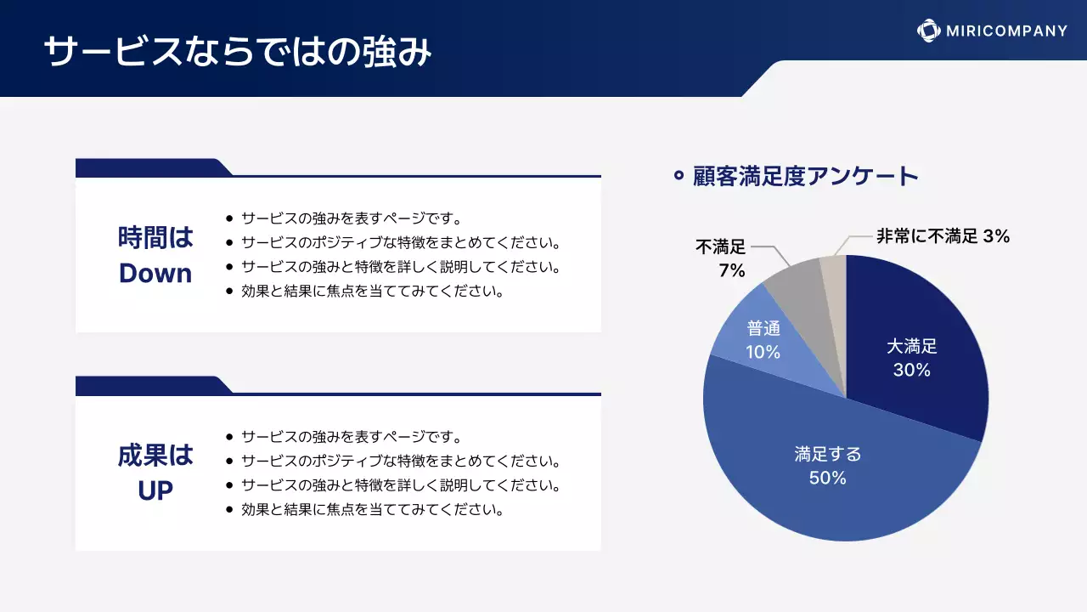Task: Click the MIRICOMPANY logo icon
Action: (928, 31)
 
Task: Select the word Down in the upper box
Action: (155, 273)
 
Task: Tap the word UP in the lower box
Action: (155, 490)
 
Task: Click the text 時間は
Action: (155, 237)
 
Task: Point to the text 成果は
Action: (155, 456)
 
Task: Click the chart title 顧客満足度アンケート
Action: (806, 176)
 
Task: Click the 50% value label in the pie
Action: (827, 478)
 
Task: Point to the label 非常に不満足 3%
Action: (943, 236)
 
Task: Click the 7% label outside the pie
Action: (731, 271)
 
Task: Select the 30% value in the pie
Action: (911, 370)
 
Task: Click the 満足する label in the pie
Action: (827, 454)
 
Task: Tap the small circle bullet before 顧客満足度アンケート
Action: (679, 176)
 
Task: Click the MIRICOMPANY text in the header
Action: (1007, 31)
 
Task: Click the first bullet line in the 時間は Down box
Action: (351, 218)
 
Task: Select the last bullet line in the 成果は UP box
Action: (373, 510)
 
